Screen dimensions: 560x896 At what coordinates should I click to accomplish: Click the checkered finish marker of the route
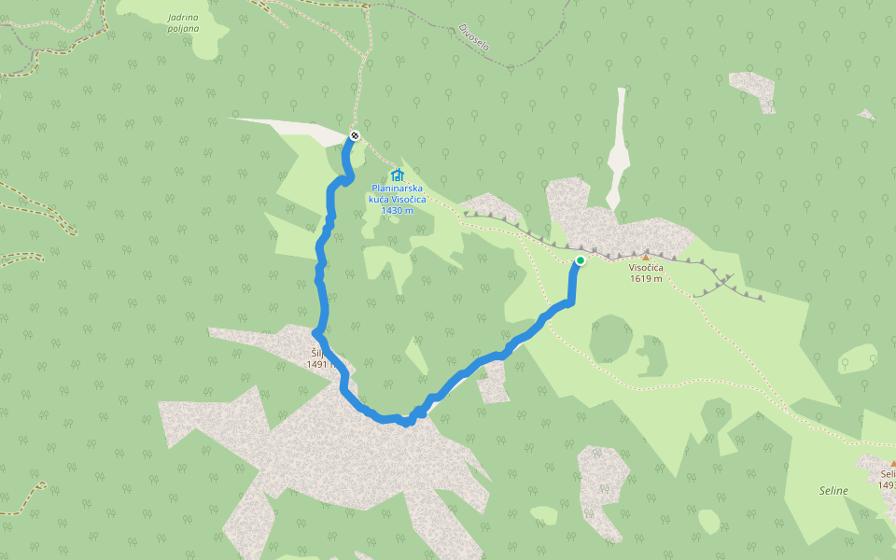(355, 137)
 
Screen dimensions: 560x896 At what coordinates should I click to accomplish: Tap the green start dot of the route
(581, 260)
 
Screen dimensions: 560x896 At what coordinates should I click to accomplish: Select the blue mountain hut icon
(398, 175)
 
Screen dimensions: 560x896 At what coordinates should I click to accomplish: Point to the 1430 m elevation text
(397, 210)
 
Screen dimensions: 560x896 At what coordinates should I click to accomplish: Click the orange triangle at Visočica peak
(645, 256)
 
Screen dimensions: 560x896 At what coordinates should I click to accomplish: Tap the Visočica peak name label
(645, 268)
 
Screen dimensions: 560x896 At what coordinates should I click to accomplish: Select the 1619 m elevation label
(645, 278)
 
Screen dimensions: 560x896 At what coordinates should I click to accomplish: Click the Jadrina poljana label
(184, 22)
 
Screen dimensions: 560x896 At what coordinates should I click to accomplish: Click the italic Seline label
(833, 491)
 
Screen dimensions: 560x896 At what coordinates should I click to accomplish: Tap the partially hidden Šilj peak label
(316, 354)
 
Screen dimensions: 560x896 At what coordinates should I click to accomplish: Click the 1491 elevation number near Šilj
(318, 365)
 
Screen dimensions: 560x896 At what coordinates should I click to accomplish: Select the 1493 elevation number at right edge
(887, 484)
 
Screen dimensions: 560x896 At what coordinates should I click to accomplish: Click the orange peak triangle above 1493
(892, 464)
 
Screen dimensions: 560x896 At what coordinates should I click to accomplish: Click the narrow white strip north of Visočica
(619, 149)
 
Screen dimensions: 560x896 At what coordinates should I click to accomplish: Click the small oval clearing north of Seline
(858, 358)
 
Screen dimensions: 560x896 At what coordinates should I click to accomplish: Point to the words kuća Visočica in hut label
(397, 199)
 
